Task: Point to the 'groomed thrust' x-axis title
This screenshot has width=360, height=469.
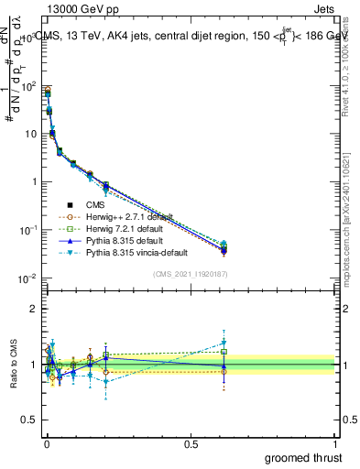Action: point(302,457)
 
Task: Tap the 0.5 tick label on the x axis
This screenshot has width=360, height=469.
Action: point(191,442)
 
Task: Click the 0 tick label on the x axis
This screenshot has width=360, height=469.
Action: point(46,442)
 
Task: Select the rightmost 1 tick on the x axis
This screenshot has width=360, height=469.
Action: point(335,442)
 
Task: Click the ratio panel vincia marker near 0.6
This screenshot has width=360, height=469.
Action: point(223,343)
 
